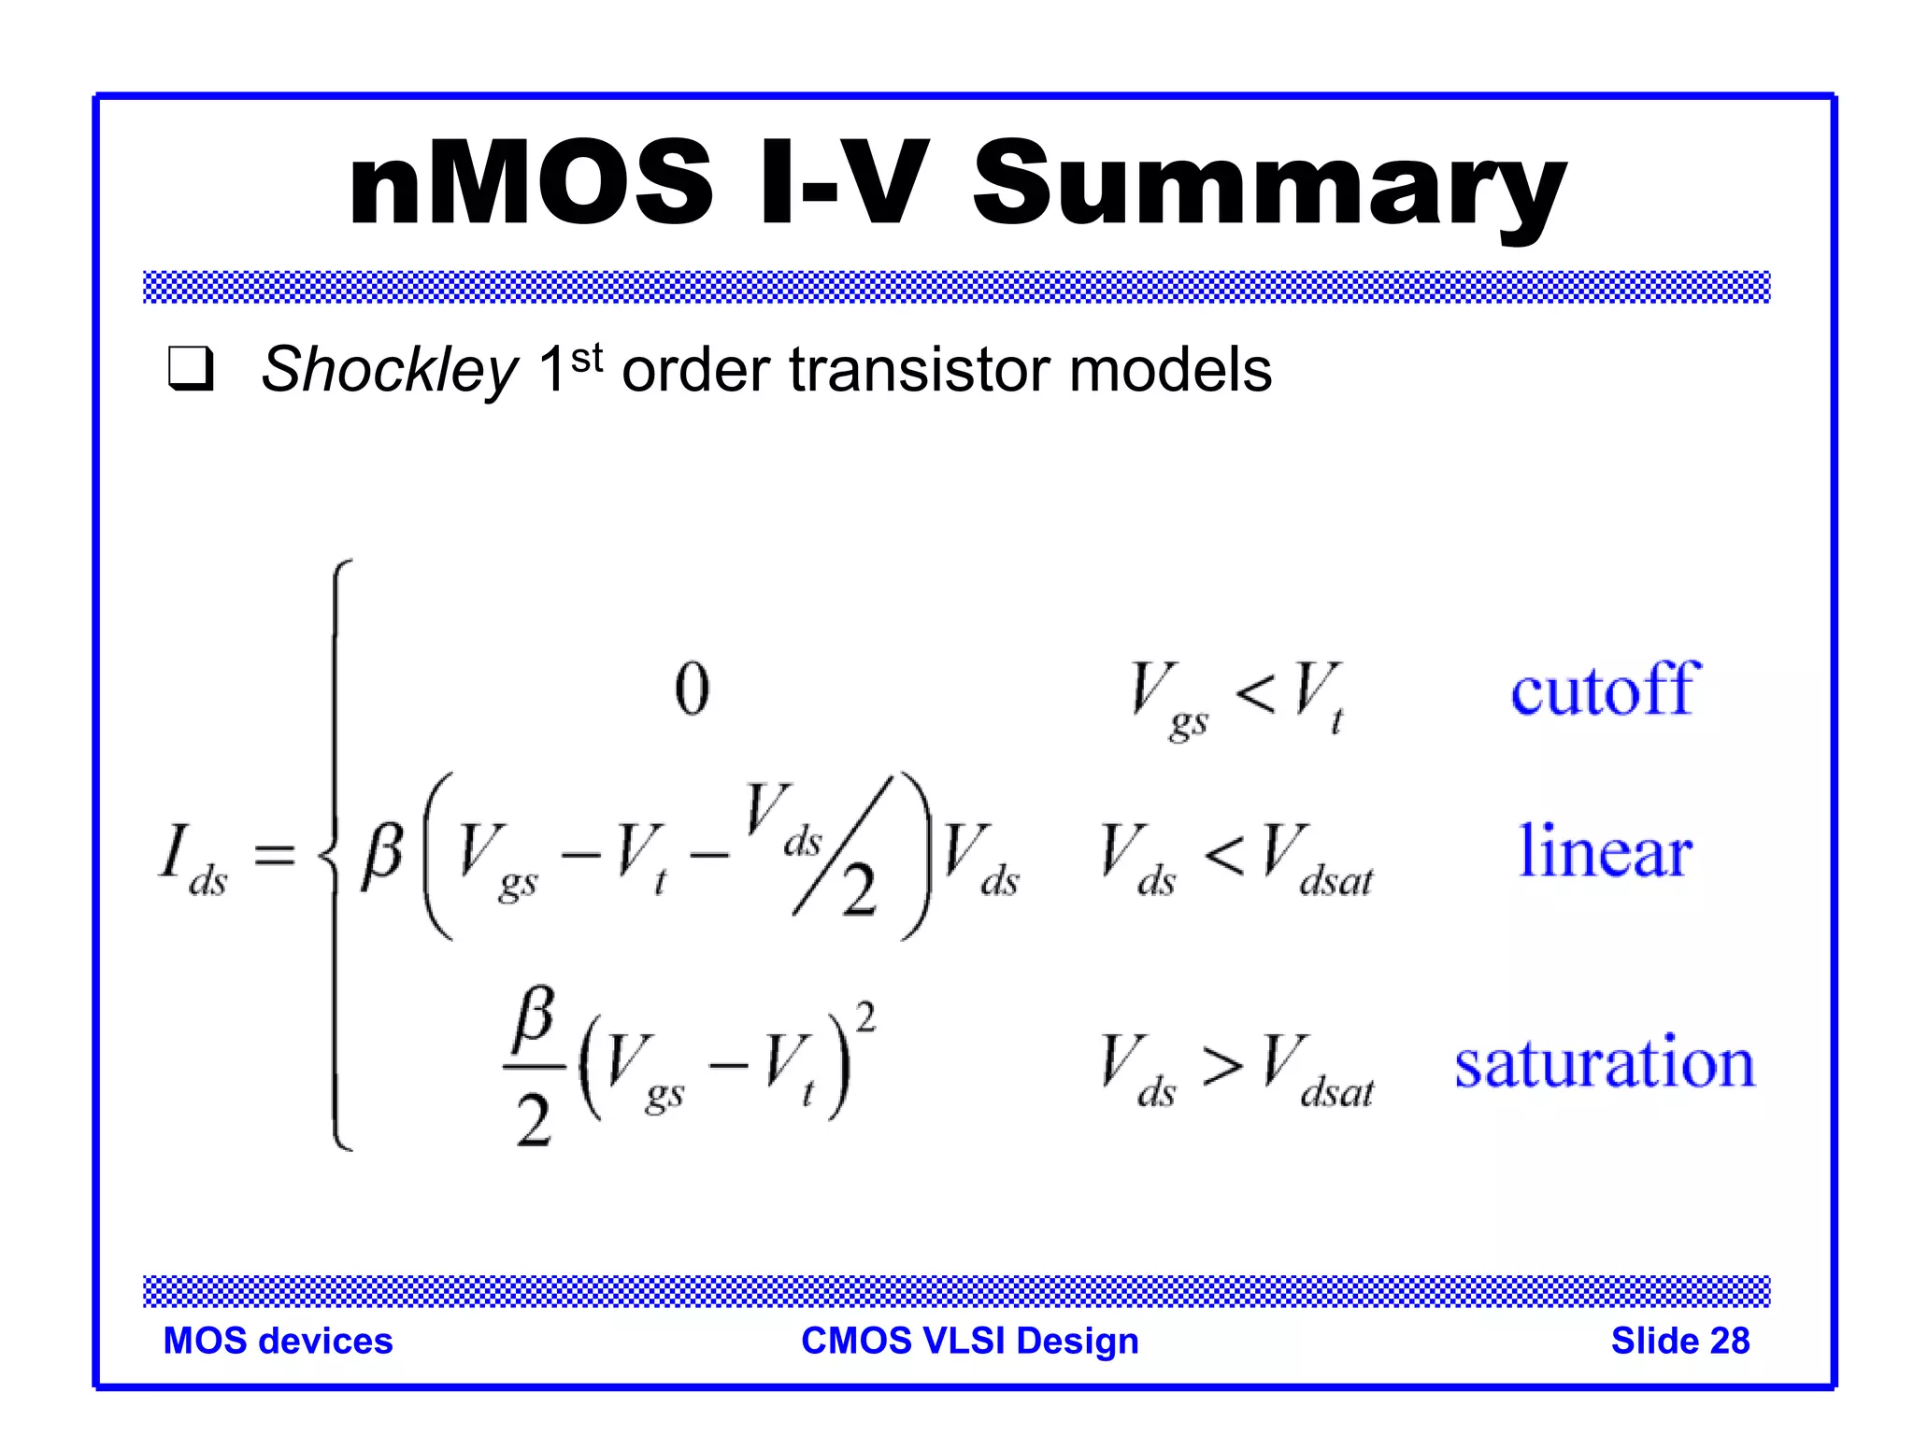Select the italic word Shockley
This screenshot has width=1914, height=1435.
(x=388, y=370)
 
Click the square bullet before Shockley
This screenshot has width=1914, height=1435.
(x=191, y=369)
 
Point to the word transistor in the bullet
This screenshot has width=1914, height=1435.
(x=920, y=370)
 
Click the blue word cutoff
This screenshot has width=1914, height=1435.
(x=1605, y=689)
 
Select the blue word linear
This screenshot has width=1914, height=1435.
(x=1605, y=851)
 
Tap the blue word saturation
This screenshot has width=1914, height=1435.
(x=1605, y=1063)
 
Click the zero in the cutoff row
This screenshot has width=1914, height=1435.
(x=692, y=689)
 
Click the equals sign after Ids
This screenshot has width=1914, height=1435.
(x=275, y=854)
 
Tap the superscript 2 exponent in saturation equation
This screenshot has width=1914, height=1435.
(x=865, y=1017)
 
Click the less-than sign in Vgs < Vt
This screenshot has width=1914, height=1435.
(x=1254, y=693)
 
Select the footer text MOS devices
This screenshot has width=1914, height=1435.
(x=278, y=1341)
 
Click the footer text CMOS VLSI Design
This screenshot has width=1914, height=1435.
(x=969, y=1341)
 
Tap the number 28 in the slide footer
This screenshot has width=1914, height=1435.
(x=1729, y=1341)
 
